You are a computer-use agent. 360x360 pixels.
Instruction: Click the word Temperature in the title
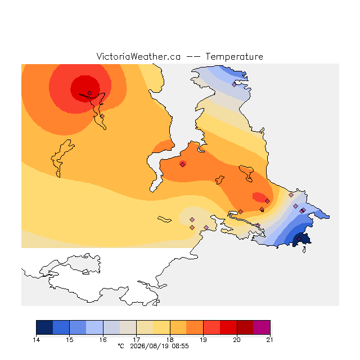[x=234, y=56]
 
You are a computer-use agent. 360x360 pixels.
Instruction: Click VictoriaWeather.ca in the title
[x=138, y=56]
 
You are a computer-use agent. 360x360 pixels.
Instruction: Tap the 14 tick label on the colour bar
[x=36, y=340]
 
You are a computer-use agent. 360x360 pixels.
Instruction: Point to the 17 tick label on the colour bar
[x=136, y=340]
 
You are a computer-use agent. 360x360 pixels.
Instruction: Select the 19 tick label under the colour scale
[x=203, y=340]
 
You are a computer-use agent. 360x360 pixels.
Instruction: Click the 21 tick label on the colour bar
[x=270, y=340]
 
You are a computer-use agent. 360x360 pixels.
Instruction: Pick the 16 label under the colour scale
[x=103, y=340]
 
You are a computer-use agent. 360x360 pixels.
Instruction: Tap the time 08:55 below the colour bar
[x=181, y=346]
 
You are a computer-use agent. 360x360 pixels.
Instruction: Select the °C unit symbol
[x=121, y=346]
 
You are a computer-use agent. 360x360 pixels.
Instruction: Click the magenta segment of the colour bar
[x=262, y=327]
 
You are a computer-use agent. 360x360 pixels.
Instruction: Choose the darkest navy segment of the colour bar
[x=44, y=327]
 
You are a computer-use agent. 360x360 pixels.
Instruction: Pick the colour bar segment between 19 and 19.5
[x=211, y=327]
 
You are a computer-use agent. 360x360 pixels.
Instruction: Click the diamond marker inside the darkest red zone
[x=90, y=93]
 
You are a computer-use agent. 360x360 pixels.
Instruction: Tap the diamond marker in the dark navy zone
[x=299, y=238]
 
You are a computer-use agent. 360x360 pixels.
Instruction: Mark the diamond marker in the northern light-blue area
[x=234, y=85]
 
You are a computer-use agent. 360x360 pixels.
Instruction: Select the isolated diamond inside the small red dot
[x=182, y=164]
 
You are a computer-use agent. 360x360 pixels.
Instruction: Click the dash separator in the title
[x=193, y=57]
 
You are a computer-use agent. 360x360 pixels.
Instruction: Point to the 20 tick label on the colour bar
[x=237, y=340]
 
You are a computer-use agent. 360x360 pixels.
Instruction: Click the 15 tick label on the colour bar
[x=70, y=340]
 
